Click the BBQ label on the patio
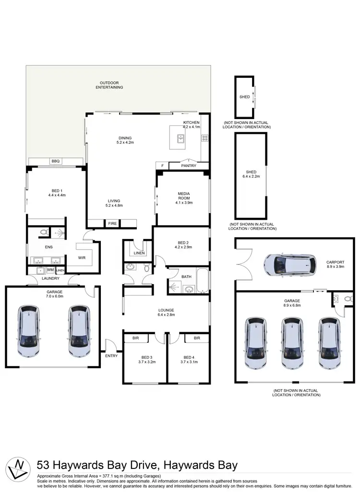coord(55,161)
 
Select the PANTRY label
coord(189,166)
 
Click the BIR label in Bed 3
coord(135,338)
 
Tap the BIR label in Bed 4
coord(197,338)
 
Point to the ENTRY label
coord(111,356)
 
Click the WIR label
coord(82,258)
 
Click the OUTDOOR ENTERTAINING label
coord(109,85)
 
